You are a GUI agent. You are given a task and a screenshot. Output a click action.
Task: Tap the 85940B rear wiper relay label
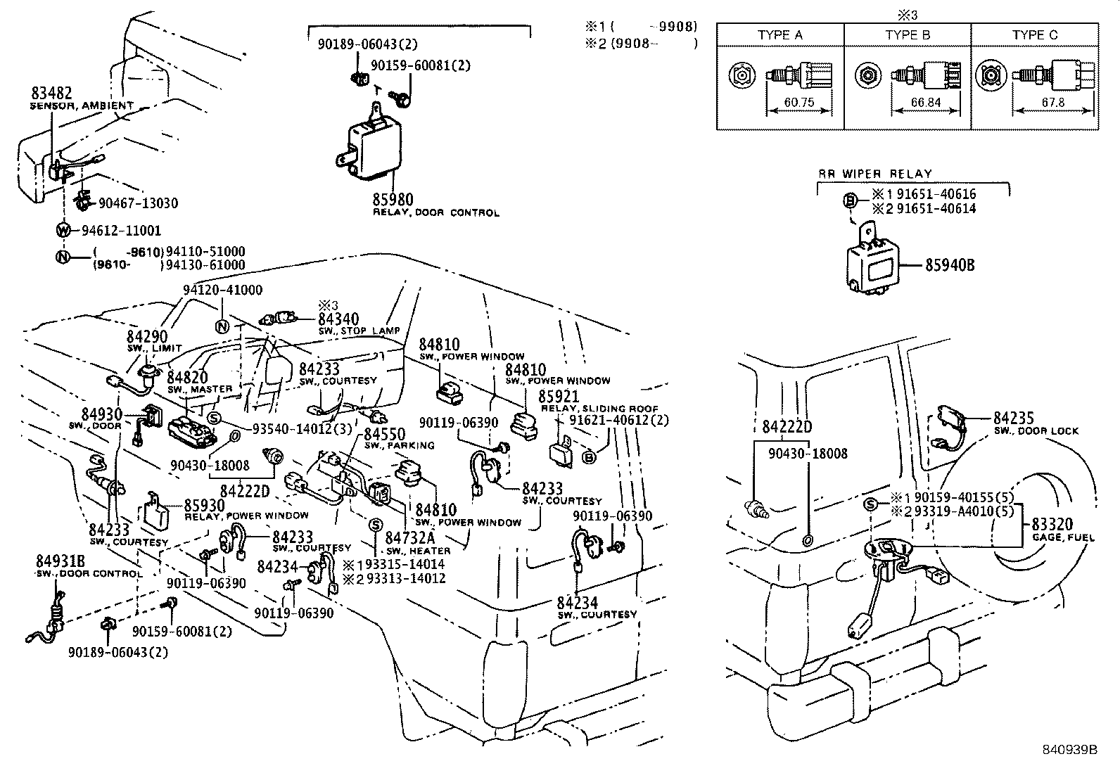coord(950,266)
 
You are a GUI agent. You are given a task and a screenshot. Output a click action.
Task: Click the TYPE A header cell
coord(779,35)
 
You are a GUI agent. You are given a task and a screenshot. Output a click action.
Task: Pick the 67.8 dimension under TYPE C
coord(1052,103)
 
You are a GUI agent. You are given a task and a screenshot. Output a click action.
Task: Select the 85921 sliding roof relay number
coord(558,397)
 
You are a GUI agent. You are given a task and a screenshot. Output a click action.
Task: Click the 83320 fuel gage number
coord(1052,524)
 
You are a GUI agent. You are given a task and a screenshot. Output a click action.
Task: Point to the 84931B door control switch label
coord(61,561)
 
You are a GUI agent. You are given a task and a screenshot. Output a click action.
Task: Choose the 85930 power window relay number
coord(204,505)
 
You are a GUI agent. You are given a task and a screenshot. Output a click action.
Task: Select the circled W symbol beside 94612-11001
coord(64,230)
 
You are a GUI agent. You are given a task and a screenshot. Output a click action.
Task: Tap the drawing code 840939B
coord(1070,750)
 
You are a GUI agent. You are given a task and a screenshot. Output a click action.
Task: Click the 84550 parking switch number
coord(384,434)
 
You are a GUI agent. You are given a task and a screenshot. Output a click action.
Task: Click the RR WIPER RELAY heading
coord(874,174)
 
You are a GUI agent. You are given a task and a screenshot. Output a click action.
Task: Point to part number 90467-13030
coord(138,203)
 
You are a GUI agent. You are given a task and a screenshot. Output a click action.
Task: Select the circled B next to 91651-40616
coord(850,201)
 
